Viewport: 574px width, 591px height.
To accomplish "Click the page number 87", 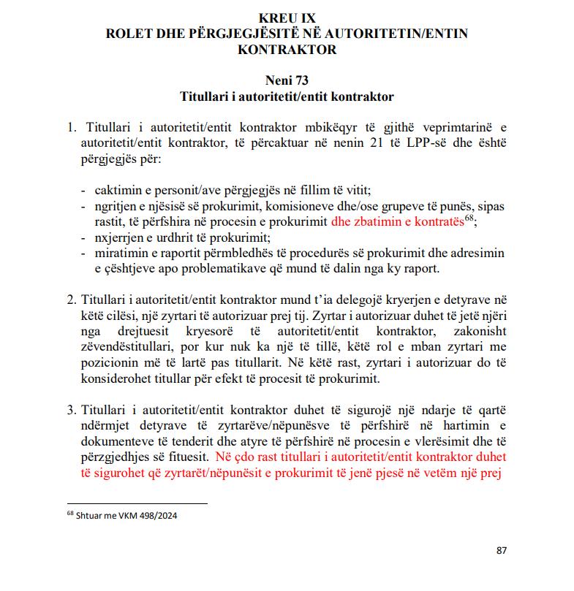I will [x=501, y=550].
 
